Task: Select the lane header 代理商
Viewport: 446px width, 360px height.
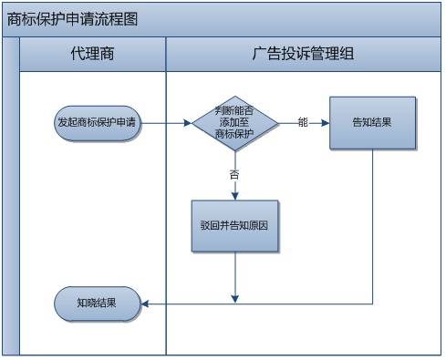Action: [x=92, y=54]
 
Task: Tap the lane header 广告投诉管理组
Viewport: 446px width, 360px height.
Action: [x=303, y=54]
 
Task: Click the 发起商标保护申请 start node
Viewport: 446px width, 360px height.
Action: [x=97, y=122]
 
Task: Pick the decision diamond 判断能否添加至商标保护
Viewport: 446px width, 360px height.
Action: [x=234, y=122]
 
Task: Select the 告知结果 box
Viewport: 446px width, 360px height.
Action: [x=372, y=122]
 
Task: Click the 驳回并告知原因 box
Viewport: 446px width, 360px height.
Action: [x=234, y=224]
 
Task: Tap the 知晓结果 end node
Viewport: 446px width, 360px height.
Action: [x=97, y=303]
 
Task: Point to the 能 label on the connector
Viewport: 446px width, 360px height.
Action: [x=303, y=122]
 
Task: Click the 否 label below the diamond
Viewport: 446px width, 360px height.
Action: [x=234, y=172]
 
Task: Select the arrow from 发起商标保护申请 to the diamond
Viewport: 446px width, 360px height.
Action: [x=166, y=122]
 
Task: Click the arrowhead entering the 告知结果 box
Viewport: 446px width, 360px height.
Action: [x=326, y=122]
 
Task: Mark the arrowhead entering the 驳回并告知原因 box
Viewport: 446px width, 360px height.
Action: [x=235, y=196]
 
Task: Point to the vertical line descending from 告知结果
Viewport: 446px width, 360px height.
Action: [x=372, y=228]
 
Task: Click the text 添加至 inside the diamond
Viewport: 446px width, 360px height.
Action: [x=234, y=122]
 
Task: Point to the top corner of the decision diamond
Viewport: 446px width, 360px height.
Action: [x=234, y=93]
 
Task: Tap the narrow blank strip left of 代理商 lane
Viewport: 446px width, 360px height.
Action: [x=11, y=201]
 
